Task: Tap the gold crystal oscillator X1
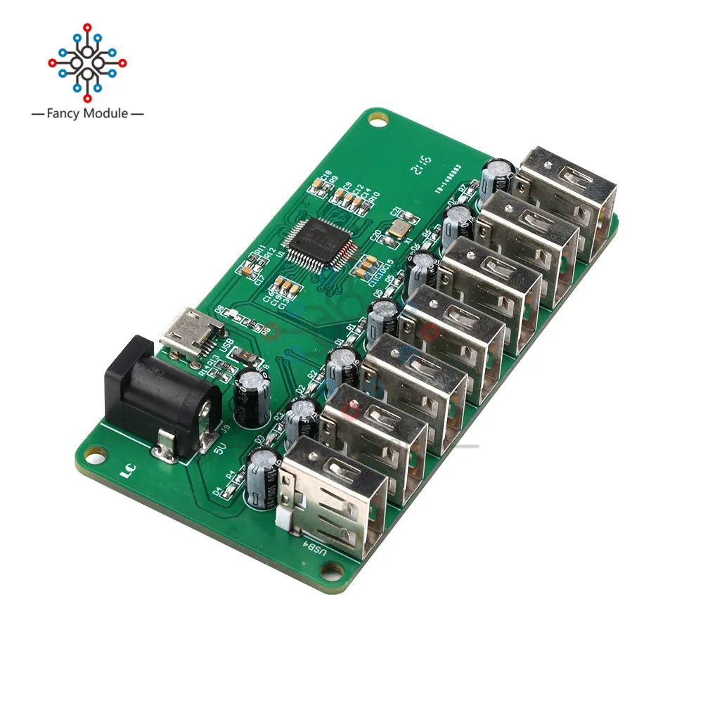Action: (398, 226)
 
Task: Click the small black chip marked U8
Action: (247, 357)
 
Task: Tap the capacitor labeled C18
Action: (318, 184)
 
